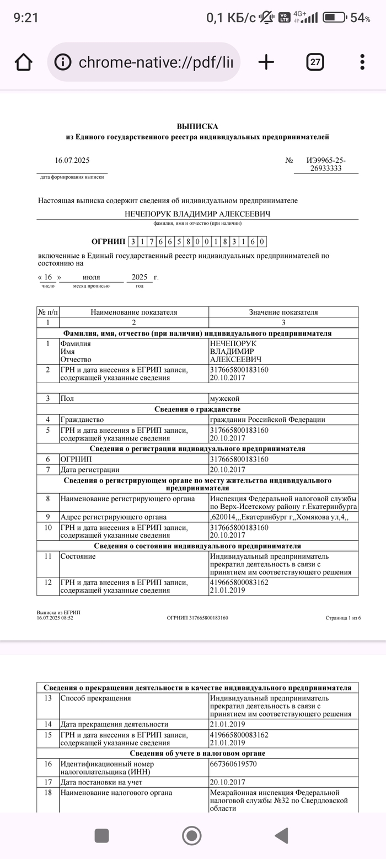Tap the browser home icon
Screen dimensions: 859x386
coord(23,62)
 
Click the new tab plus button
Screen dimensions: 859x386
coord(266,62)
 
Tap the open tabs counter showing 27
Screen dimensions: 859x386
coord(315,62)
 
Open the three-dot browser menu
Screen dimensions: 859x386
coord(362,62)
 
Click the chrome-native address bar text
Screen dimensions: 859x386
coord(156,62)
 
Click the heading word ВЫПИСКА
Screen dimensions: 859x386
coord(197,126)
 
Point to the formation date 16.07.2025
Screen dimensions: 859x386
coord(72,161)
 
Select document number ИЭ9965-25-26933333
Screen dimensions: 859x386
coord(326,165)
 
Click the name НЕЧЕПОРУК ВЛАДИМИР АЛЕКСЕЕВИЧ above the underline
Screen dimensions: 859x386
coord(197,214)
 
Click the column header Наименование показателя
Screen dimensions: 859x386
coord(134,312)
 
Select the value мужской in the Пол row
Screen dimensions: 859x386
coord(224,398)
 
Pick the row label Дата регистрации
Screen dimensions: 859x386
coord(90,470)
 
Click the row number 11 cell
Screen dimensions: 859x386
coord(48,556)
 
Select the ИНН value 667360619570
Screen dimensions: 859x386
coord(233,764)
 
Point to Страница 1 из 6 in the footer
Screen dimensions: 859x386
coord(343,618)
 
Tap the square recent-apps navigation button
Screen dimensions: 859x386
coord(102,835)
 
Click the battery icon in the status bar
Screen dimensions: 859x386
coord(334,18)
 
